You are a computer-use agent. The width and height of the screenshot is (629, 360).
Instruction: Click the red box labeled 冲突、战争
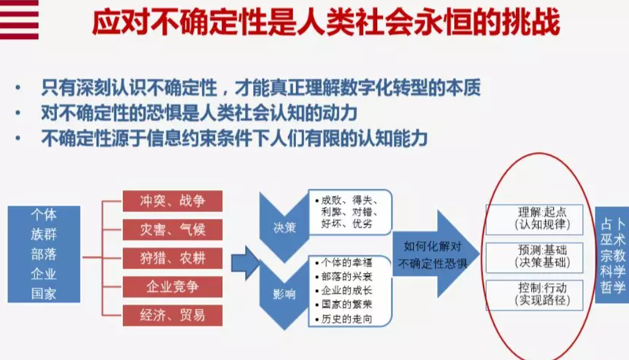[x=172, y=201]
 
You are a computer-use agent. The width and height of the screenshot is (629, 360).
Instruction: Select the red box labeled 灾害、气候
[x=172, y=230]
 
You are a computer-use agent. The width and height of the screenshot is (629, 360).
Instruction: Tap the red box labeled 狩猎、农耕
[x=172, y=258]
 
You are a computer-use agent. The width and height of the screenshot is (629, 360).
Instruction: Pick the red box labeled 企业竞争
[x=172, y=287]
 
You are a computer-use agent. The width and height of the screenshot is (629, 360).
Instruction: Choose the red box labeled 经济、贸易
[x=172, y=315]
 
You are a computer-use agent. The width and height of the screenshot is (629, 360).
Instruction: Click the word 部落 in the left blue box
[x=44, y=254]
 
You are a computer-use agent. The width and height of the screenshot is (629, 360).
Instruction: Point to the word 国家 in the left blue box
[x=44, y=294]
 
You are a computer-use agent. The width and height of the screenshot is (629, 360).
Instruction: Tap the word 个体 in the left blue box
[x=44, y=215]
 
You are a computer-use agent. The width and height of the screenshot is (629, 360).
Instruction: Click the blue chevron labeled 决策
[x=284, y=227]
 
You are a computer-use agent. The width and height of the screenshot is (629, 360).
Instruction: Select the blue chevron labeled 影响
[x=284, y=294]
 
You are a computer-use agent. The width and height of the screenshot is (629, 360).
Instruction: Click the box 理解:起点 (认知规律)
[x=534, y=219]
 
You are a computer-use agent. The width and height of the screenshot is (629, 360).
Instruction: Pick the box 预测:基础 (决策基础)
[x=534, y=257]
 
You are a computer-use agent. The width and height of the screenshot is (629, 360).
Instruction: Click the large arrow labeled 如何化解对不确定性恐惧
[x=435, y=254]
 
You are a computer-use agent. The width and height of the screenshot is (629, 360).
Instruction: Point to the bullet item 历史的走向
[x=344, y=319]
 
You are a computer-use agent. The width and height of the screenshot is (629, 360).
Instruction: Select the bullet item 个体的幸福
[x=344, y=263]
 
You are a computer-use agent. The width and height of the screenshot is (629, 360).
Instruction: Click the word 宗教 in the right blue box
[x=612, y=255]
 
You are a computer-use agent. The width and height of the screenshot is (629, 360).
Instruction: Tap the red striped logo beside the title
[x=20, y=20]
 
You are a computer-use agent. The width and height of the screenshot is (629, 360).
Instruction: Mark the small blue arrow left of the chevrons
[x=246, y=263]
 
